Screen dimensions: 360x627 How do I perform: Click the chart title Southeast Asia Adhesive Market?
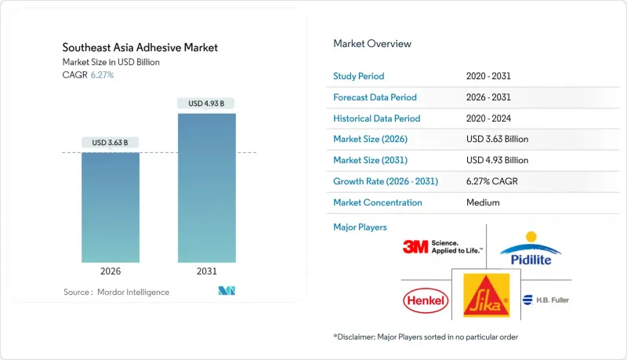tap(141, 48)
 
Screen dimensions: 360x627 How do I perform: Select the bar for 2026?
tap(111, 208)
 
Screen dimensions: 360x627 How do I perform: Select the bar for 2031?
tap(207, 188)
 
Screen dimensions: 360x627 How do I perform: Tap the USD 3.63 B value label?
tap(111, 143)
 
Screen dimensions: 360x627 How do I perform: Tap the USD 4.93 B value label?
tap(207, 104)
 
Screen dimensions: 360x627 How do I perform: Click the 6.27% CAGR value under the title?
tap(102, 75)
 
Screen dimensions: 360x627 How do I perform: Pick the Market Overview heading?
tap(372, 44)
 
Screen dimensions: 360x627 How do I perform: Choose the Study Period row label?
tap(360, 76)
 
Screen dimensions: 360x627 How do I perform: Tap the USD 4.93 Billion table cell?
tap(497, 160)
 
